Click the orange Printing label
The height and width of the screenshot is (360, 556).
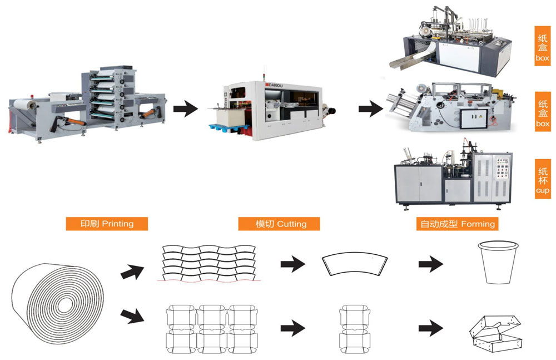tap(107, 224)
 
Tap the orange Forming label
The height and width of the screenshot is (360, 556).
tap(457, 224)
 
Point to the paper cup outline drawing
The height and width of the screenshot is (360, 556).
tap(498, 263)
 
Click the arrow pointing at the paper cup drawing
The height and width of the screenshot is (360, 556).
tap(431, 263)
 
